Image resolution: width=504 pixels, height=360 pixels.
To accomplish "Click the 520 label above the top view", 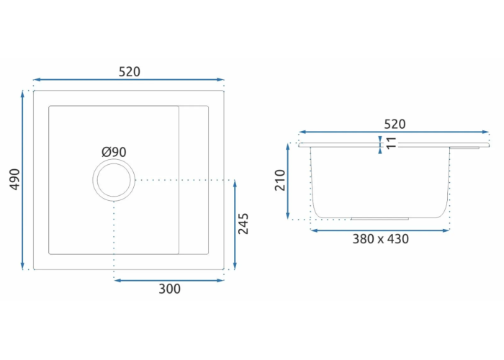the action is coord(130,72).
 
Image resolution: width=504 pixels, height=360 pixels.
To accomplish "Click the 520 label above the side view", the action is coord(395,124).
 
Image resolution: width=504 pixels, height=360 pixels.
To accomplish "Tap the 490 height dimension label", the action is coord(15,179).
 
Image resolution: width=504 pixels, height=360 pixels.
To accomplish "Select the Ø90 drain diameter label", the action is coord(114,152).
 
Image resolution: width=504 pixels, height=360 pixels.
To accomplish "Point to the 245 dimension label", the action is coord(243,224).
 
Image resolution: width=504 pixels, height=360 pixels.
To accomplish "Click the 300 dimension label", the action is coord(169,289).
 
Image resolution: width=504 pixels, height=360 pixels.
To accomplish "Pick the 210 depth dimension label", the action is coord(280,180).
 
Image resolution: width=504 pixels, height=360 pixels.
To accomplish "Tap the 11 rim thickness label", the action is coord(391,143).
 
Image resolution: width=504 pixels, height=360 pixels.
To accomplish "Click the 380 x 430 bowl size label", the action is coord(381,239).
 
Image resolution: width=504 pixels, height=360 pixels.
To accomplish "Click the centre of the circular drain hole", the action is coord(114,180).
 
